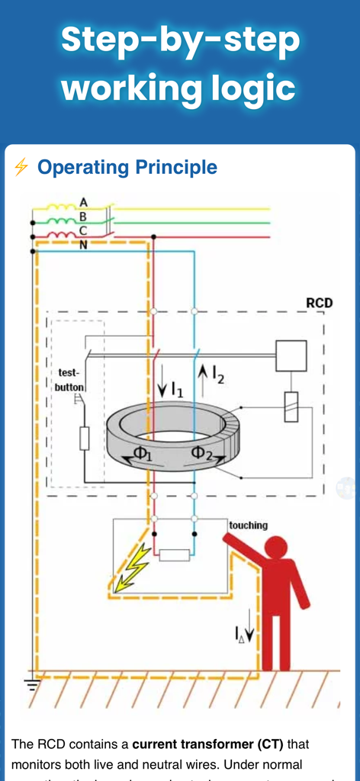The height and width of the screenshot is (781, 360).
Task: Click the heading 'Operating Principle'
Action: [x=127, y=167]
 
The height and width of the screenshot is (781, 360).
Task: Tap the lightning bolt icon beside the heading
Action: [x=21, y=167]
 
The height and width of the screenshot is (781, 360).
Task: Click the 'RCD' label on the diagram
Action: [x=319, y=303]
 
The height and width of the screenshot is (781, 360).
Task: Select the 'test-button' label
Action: [x=68, y=380]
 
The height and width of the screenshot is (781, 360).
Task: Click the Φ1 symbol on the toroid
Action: [x=143, y=453]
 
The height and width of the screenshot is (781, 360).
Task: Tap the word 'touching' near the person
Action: [x=248, y=525]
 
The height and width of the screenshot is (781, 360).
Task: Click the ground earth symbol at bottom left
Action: [x=31, y=683]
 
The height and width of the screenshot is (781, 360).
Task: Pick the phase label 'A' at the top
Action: [x=83, y=202]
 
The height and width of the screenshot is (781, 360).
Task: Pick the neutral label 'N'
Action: [x=83, y=244]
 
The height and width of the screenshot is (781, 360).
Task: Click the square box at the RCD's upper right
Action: [x=291, y=356]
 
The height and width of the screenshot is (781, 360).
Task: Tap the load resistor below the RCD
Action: [x=174, y=554]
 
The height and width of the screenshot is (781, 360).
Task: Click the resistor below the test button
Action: [x=84, y=439]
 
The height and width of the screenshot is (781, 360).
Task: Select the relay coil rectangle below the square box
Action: [x=291, y=407]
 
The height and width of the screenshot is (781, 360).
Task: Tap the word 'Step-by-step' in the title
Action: [x=180, y=40]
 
